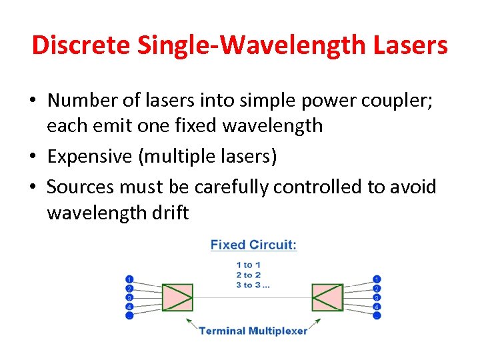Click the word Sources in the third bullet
(x=80, y=187)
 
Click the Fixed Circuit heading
(x=253, y=245)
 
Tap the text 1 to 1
(x=248, y=265)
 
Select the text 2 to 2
(x=248, y=275)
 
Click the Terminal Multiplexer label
(x=253, y=331)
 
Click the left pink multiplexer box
(x=177, y=297)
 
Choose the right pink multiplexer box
(x=327, y=297)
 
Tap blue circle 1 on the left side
(x=129, y=279)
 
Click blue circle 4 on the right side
(x=377, y=306)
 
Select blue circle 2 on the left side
(x=129, y=288)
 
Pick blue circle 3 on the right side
(x=377, y=297)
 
